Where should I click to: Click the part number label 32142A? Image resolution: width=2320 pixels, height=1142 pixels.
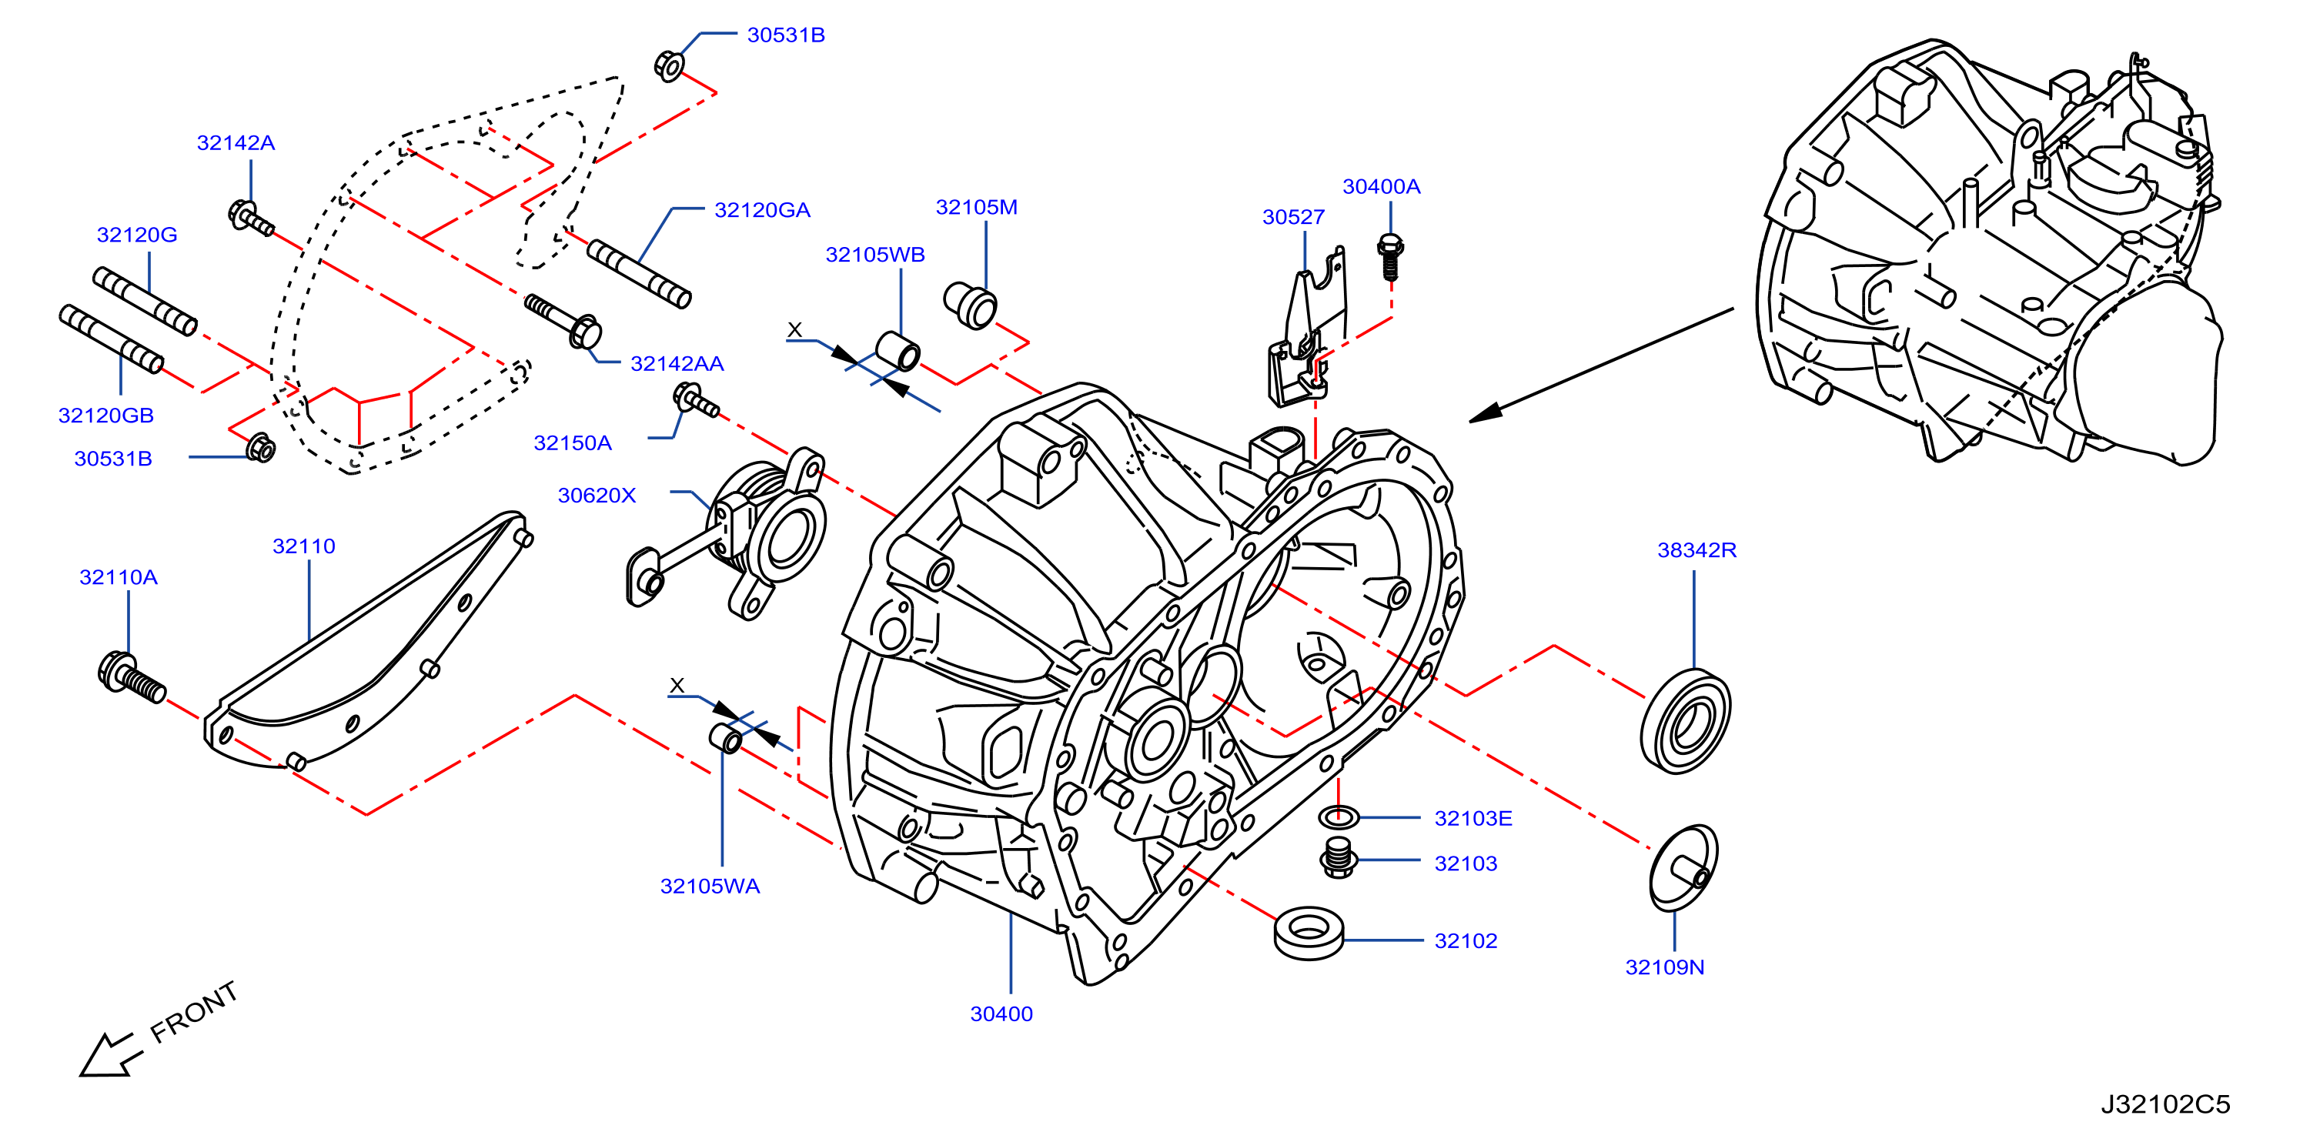coord(236,142)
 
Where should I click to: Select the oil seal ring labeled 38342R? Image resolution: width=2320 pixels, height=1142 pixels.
coord(1685,720)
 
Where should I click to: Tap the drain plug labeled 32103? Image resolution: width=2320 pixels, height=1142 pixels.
coord(1339,857)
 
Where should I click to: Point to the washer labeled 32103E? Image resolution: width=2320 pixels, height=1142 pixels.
coord(1339,817)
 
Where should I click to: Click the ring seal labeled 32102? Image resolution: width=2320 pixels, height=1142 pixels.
coord(1309,932)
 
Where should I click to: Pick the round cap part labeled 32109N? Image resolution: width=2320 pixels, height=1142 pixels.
coord(1683,868)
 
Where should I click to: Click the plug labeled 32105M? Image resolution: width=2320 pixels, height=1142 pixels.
coord(970,306)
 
